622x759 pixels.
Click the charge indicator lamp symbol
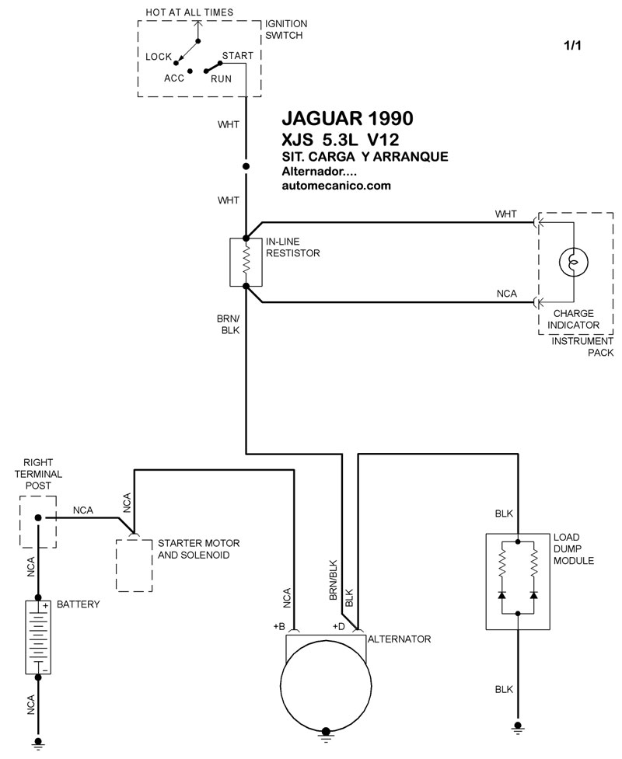click(574, 263)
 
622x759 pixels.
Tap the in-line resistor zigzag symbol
click(246, 262)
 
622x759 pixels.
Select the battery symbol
click(38, 637)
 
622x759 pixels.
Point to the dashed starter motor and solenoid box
click(135, 565)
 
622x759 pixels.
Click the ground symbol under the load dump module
click(518, 727)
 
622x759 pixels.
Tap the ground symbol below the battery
click(38, 743)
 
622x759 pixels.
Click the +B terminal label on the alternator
click(279, 626)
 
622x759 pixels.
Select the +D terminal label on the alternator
click(339, 626)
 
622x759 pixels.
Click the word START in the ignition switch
click(237, 56)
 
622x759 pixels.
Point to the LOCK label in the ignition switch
click(159, 57)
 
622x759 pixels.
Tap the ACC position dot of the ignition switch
click(190, 71)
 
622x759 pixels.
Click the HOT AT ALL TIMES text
click(190, 12)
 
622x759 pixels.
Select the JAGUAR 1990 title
click(348, 118)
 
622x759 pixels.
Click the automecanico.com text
click(336, 186)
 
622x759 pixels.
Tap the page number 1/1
click(572, 46)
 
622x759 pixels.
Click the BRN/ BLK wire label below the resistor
click(229, 324)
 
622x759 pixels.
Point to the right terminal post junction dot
click(38, 517)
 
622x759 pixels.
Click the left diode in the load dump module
click(501, 594)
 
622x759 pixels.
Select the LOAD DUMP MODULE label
click(574, 549)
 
